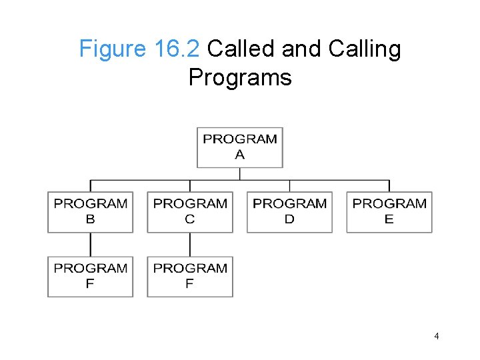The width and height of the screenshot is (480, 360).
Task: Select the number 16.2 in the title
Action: click(176, 49)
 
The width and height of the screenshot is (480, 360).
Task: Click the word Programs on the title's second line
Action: click(240, 77)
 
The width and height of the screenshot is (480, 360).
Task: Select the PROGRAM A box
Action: click(240, 147)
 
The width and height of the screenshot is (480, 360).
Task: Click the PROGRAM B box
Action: click(90, 212)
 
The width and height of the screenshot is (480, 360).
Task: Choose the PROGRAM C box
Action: click(190, 212)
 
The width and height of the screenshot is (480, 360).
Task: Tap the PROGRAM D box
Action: click(289, 212)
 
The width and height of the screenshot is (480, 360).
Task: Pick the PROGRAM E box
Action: click(389, 212)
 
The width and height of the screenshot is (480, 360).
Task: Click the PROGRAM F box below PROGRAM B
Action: click(90, 277)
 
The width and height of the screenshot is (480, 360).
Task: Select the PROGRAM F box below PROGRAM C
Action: click(190, 277)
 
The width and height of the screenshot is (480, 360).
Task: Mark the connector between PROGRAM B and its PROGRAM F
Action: click(90, 245)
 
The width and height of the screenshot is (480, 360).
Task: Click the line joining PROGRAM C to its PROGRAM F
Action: click(190, 245)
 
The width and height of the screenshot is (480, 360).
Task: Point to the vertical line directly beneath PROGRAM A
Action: click(240, 173)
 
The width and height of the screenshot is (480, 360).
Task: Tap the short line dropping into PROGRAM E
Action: click(389, 186)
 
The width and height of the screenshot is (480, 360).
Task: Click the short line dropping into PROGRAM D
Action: click(289, 186)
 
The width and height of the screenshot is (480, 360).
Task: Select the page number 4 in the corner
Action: click(436, 336)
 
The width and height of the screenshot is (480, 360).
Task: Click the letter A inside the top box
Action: click(240, 155)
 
